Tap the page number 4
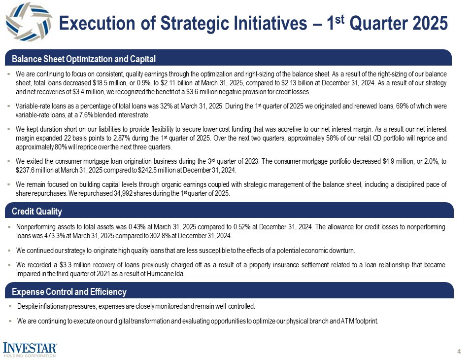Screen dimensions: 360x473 (459, 351)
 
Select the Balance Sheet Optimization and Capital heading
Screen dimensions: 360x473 (84, 59)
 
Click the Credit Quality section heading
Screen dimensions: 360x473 (37, 212)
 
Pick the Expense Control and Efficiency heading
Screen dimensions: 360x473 (69, 292)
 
